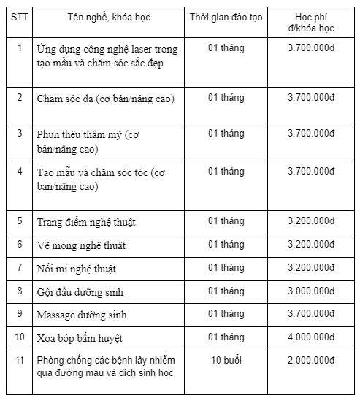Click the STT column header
[x=19, y=17]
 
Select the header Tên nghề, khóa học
[x=107, y=17]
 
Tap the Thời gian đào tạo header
[x=226, y=17]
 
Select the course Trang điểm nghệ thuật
[x=86, y=221]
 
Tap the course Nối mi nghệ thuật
[x=76, y=269]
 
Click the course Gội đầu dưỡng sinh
[x=80, y=292]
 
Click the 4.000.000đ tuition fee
[x=311, y=338]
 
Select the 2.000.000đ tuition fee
[x=311, y=361]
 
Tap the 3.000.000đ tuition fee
[x=311, y=291]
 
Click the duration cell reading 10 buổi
[x=226, y=361]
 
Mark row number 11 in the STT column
[x=20, y=361]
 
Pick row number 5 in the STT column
[x=20, y=220]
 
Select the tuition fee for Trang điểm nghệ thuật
[x=311, y=220]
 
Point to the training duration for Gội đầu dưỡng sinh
[x=226, y=291]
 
